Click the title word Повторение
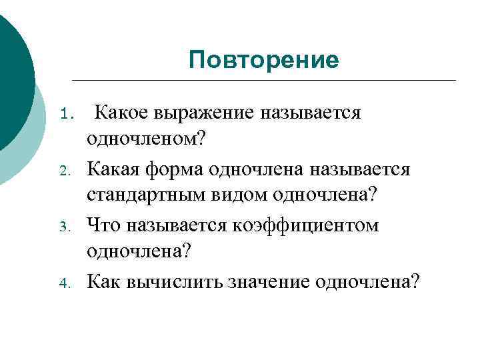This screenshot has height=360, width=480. (x=263, y=60)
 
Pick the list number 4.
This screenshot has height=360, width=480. (x=65, y=282)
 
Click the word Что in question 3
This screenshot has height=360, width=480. (x=102, y=225)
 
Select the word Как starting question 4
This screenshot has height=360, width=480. (x=103, y=281)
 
